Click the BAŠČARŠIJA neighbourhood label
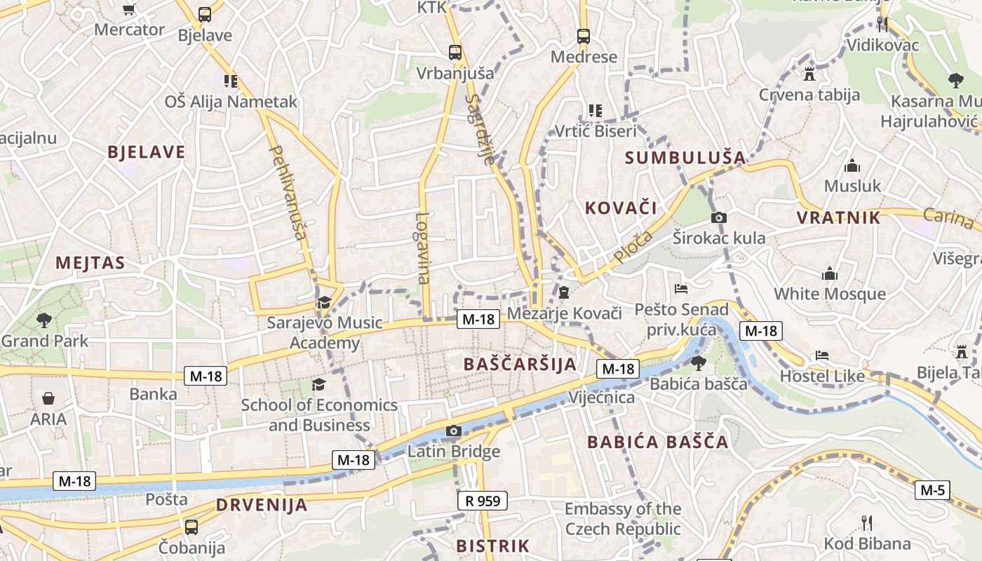tap(520, 364)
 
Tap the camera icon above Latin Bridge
tap(454, 431)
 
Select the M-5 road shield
tap(932, 490)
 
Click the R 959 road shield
tap(482, 501)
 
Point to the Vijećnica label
tap(601, 398)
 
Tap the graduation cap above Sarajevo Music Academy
tap(323, 303)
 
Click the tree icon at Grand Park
tap(44, 320)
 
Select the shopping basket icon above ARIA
tap(48, 398)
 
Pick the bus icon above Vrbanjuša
tap(455, 52)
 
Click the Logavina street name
tap(422, 248)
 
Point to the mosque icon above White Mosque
tap(830, 273)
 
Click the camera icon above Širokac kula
tap(718, 217)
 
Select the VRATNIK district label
tap(838, 217)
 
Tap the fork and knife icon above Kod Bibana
tap(867, 522)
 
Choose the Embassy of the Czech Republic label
tap(623, 519)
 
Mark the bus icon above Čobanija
tap(191, 527)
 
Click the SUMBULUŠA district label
tap(685, 157)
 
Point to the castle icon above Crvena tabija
tap(809, 73)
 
